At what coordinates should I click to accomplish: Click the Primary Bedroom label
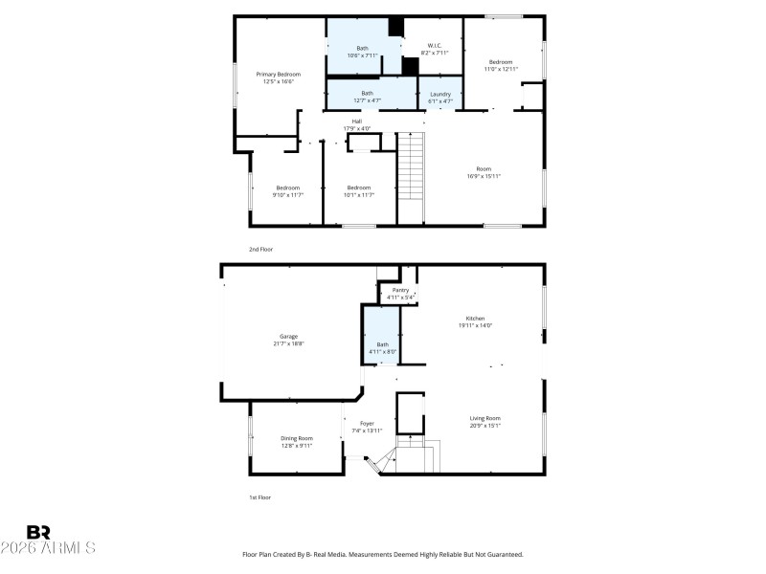[278, 77]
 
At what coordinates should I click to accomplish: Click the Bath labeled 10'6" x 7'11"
[363, 52]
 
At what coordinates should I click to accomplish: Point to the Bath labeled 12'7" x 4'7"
[368, 96]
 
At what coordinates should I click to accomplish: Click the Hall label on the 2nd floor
[356, 124]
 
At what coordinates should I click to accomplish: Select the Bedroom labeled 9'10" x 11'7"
[288, 190]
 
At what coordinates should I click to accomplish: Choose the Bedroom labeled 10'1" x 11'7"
[359, 190]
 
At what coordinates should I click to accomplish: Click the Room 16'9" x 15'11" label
[484, 172]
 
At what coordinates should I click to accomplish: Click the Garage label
[288, 339]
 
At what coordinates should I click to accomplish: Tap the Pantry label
[400, 293]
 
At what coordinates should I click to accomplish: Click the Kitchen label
[475, 321]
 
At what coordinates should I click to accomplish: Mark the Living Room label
[484, 421]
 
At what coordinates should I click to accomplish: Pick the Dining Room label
[297, 441]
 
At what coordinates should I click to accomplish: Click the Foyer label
[367, 427]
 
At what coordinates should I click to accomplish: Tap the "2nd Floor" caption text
[261, 249]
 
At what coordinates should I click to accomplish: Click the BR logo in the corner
[38, 532]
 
